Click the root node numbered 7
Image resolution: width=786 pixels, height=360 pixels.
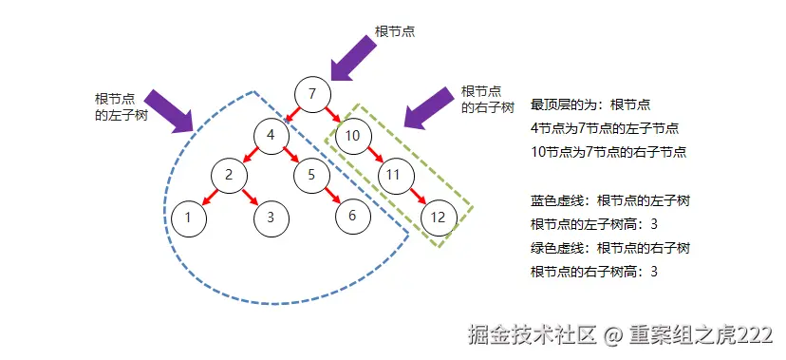312,93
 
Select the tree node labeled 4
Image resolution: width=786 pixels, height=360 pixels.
271,135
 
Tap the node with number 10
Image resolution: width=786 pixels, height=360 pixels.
352,135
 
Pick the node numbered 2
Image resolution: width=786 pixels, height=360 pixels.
229,175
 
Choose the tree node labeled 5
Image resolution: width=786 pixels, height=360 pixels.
310,175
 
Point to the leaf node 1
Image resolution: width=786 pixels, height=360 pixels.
189,217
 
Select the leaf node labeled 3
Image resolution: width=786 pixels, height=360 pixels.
271,217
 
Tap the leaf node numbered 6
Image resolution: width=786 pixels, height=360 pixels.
352,215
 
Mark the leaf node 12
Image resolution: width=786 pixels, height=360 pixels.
437,217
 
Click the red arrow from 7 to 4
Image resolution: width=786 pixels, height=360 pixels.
291,114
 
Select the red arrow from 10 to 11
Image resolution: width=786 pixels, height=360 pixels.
373,155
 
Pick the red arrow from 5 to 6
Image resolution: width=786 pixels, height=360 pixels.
331,195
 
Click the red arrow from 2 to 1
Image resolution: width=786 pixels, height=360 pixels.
209,196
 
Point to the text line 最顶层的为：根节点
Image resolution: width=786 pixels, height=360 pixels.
589,104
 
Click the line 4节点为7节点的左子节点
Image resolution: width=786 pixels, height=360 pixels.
605,127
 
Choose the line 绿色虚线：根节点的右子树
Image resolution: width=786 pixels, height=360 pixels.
609,248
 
